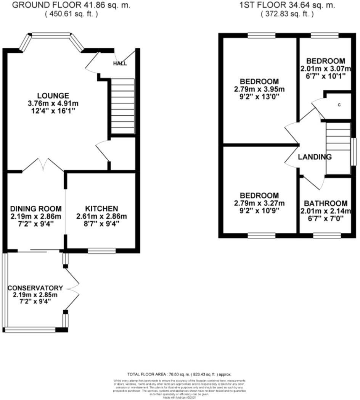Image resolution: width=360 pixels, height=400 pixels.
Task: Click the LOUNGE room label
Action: pos(53,95)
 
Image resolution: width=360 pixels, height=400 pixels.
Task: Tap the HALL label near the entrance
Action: pos(120,64)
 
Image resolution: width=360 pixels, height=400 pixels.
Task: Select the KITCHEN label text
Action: pos(101,208)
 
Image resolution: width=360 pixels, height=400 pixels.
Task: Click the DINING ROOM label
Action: pos(36,208)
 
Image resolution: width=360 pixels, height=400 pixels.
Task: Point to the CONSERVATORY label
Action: pos(35,288)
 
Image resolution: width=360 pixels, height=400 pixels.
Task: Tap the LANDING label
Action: pos(315,157)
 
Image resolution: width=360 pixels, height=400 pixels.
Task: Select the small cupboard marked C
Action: pos(339,105)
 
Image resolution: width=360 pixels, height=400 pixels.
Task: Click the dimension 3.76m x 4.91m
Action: pos(53,103)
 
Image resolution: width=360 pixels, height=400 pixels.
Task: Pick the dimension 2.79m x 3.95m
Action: pos(259,89)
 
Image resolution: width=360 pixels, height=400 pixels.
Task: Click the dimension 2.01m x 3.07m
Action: pos(326,69)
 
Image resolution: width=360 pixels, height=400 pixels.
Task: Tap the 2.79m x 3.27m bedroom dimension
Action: pos(259,203)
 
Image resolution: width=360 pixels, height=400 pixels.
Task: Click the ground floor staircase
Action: pos(122,106)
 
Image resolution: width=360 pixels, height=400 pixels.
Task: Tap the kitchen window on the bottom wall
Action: pos(102,251)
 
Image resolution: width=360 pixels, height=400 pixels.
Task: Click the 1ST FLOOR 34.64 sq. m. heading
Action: pos(287,5)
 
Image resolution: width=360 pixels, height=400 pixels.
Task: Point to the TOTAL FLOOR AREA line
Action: pos(179,375)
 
